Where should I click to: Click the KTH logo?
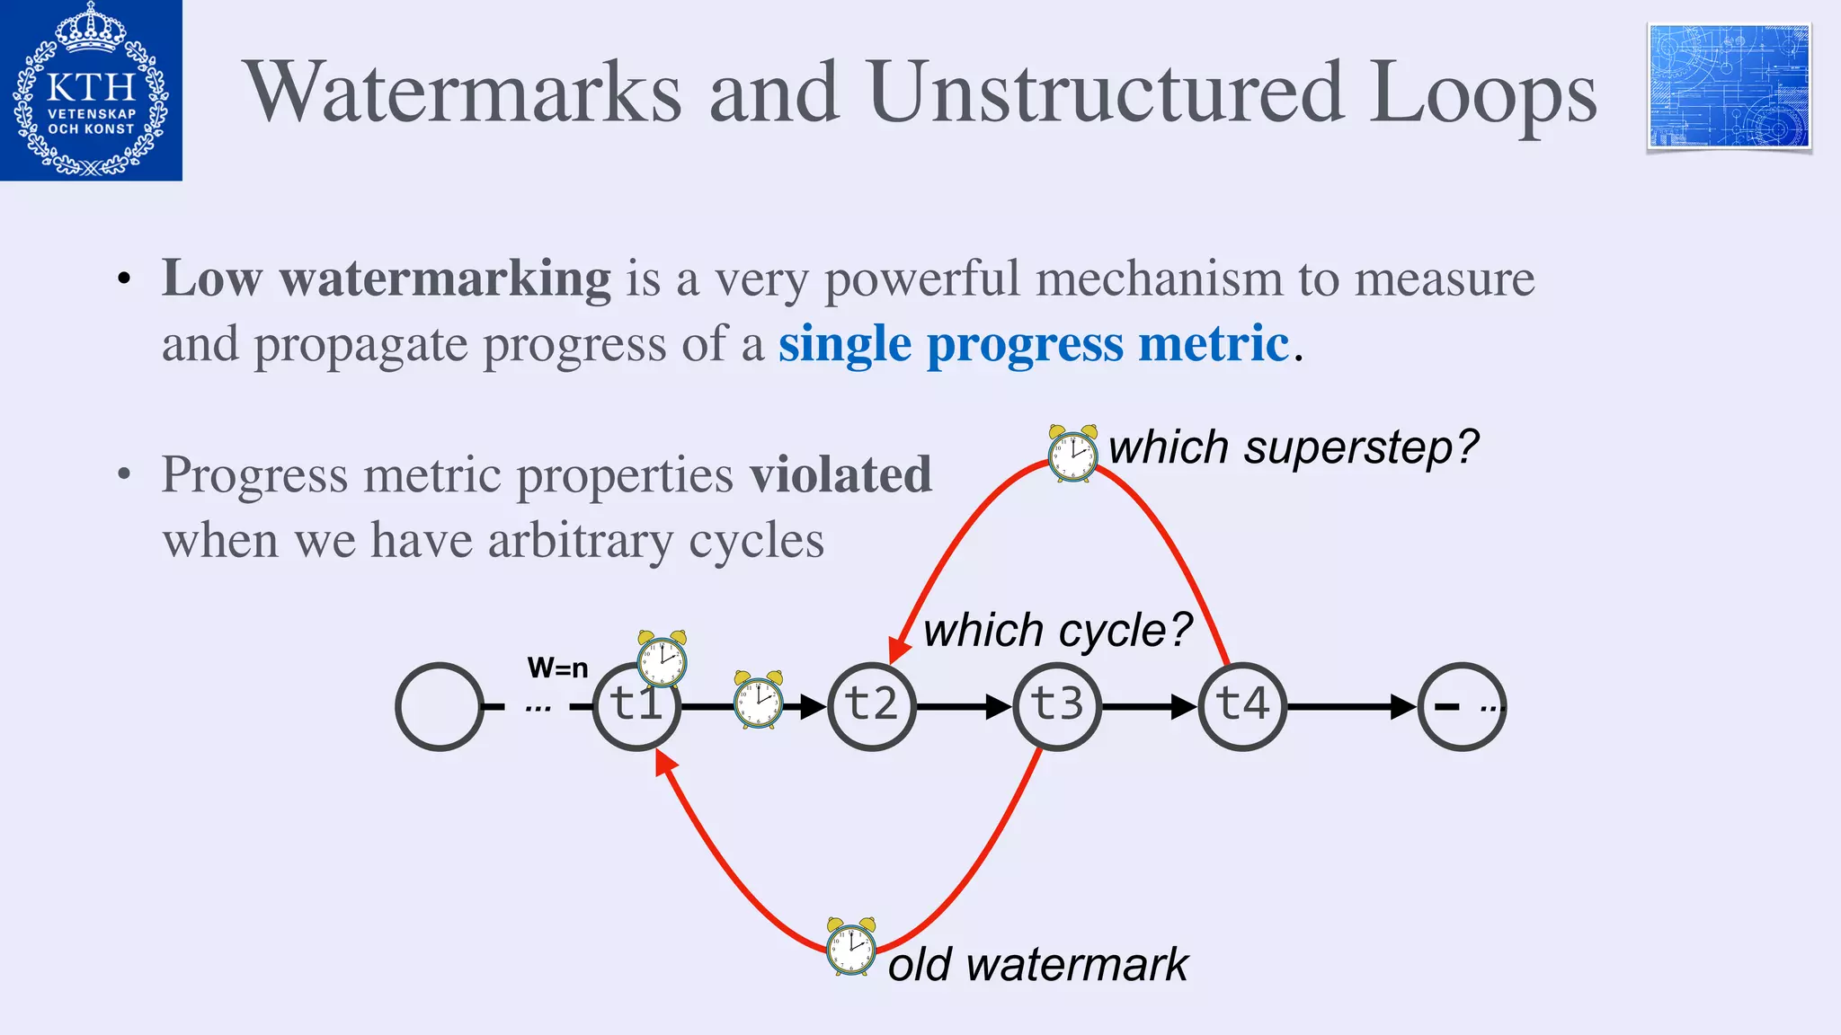[91, 90]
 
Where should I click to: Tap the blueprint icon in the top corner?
[1729, 87]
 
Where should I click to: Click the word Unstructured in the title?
[1107, 93]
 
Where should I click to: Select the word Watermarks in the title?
[464, 93]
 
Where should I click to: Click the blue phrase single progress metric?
[1034, 344]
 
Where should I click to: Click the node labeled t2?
[871, 706]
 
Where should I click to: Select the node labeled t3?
[1057, 706]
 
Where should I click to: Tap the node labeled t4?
[1242, 706]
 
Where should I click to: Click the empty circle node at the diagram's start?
[440, 706]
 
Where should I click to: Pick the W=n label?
[557, 668]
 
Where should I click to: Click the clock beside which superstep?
[1072, 454]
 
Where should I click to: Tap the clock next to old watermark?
[850, 947]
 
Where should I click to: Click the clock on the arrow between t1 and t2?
[758, 700]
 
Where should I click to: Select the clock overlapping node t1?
[663, 659]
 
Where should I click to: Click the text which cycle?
[1057, 630]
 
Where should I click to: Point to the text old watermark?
[1037, 965]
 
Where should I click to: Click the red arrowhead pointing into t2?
[897, 650]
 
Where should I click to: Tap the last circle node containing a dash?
[1461, 706]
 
